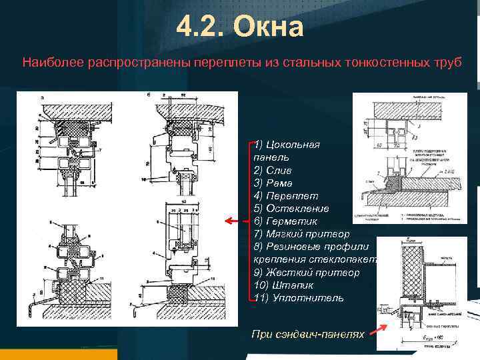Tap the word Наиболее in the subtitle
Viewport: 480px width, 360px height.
[49, 63]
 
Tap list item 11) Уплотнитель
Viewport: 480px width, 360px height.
[299, 297]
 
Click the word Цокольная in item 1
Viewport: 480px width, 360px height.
[293, 145]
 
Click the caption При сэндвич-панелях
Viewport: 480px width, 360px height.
[308, 333]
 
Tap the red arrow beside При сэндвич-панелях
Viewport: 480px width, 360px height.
[381, 327]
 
